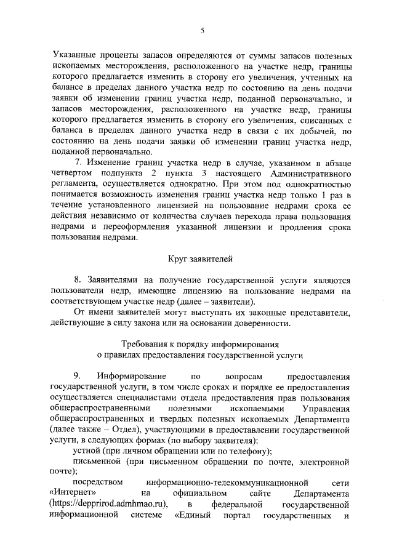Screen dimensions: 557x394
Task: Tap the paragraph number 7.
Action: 78,162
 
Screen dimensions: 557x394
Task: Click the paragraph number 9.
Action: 78,375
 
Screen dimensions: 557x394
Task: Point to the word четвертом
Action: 70,174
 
